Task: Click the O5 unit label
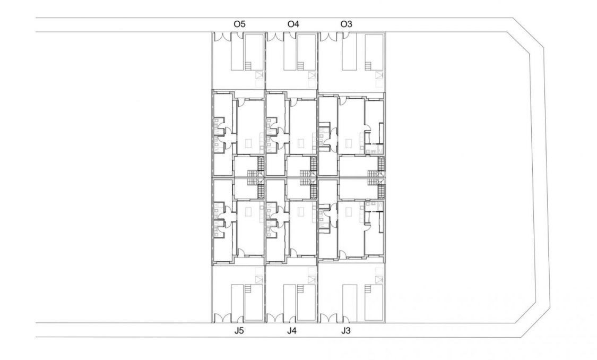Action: point(239,24)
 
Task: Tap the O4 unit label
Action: point(293,24)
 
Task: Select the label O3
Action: point(346,24)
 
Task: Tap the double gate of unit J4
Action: point(274,318)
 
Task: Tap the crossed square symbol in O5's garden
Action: point(259,75)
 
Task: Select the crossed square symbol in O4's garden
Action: point(312,75)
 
